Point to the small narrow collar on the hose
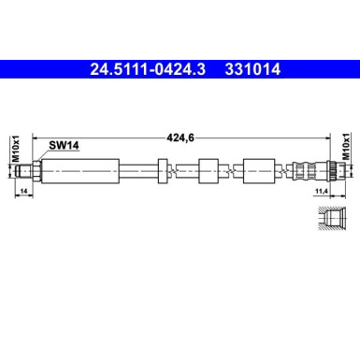tap(164, 171)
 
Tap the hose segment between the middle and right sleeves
tap(232, 171)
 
